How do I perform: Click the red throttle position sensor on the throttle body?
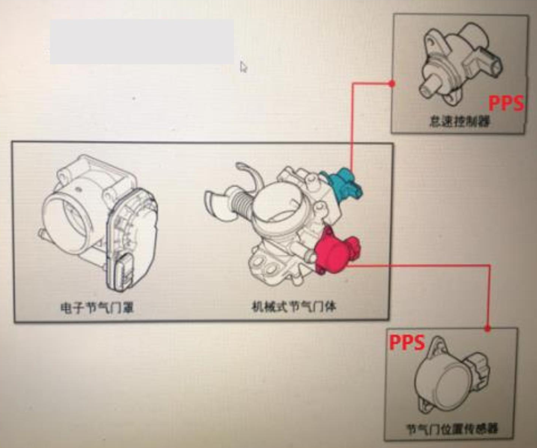(336, 250)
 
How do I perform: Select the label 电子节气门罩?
(97, 307)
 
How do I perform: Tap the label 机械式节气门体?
(294, 307)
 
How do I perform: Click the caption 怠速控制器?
(459, 121)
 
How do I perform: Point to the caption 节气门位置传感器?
(452, 428)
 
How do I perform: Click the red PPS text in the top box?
(507, 102)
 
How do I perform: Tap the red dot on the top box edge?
(392, 84)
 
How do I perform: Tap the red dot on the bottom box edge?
(487, 329)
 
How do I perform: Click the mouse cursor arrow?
(243, 67)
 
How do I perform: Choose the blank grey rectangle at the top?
(142, 42)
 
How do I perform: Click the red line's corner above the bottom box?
(489, 265)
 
